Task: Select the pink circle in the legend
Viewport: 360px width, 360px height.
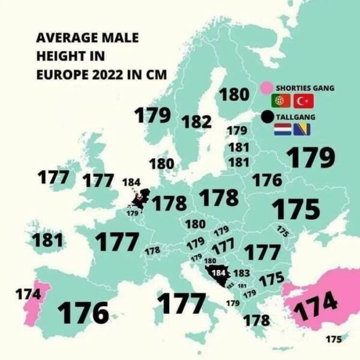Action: point(268,88)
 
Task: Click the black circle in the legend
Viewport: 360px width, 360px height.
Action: point(268,116)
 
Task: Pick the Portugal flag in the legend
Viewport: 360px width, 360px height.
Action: point(281,101)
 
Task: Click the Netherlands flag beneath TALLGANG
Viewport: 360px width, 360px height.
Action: point(283,128)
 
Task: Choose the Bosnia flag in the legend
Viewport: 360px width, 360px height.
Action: point(301,128)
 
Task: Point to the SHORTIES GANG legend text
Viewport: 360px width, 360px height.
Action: point(305,88)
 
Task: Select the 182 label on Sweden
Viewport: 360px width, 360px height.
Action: point(196,121)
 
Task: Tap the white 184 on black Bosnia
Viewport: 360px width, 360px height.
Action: point(220,273)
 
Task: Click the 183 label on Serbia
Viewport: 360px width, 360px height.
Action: point(241,273)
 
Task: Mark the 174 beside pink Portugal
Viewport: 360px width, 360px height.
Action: point(28,295)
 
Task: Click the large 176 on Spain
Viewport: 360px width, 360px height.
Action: point(83,312)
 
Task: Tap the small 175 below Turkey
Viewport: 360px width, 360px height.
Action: point(333,339)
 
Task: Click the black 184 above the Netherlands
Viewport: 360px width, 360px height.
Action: point(131,182)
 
